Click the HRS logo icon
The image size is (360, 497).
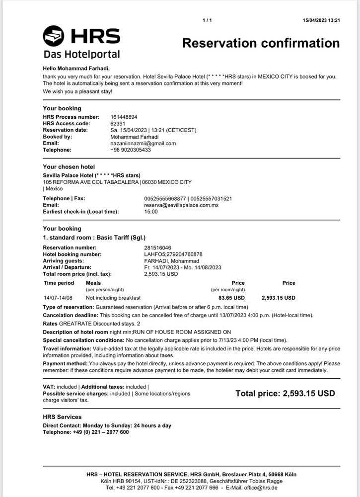click(x=54, y=36)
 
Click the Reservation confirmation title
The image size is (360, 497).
click(x=261, y=43)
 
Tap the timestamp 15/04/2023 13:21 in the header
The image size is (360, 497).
click(x=321, y=20)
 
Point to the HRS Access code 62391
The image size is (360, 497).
click(x=118, y=124)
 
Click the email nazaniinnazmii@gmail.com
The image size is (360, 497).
click(x=143, y=143)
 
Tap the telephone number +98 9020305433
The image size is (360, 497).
click(x=131, y=150)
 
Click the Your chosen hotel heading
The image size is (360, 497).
click(x=69, y=167)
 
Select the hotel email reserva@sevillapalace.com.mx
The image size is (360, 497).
click(x=181, y=205)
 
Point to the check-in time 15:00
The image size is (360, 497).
click(x=151, y=212)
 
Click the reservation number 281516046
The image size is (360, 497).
click(x=157, y=248)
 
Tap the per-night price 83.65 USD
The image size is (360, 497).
click(x=231, y=298)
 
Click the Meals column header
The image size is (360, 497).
click(x=93, y=283)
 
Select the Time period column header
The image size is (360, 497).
click(x=59, y=283)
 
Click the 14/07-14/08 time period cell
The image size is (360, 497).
click(x=58, y=298)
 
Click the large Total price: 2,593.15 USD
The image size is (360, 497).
click(x=285, y=394)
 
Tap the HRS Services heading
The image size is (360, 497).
click(x=62, y=417)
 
